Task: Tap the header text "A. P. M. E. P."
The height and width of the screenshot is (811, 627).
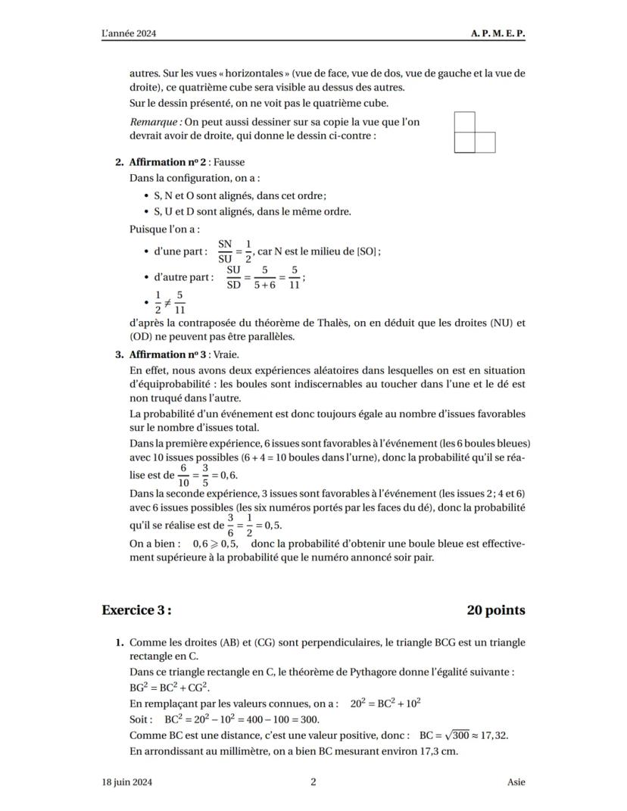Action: (498, 34)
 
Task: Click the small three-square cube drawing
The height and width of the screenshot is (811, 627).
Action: (474, 133)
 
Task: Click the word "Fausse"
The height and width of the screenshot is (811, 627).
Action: (229, 162)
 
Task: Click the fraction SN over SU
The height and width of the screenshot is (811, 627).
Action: (225, 251)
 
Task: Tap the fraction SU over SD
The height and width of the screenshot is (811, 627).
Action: (235, 277)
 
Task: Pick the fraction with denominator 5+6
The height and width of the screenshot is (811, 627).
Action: (266, 277)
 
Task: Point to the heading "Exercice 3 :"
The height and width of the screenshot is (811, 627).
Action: (136, 610)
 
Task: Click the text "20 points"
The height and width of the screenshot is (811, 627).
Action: (495, 610)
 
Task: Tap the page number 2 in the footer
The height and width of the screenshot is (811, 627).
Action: (313, 782)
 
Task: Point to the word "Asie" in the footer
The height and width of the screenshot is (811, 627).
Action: (516, 782)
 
